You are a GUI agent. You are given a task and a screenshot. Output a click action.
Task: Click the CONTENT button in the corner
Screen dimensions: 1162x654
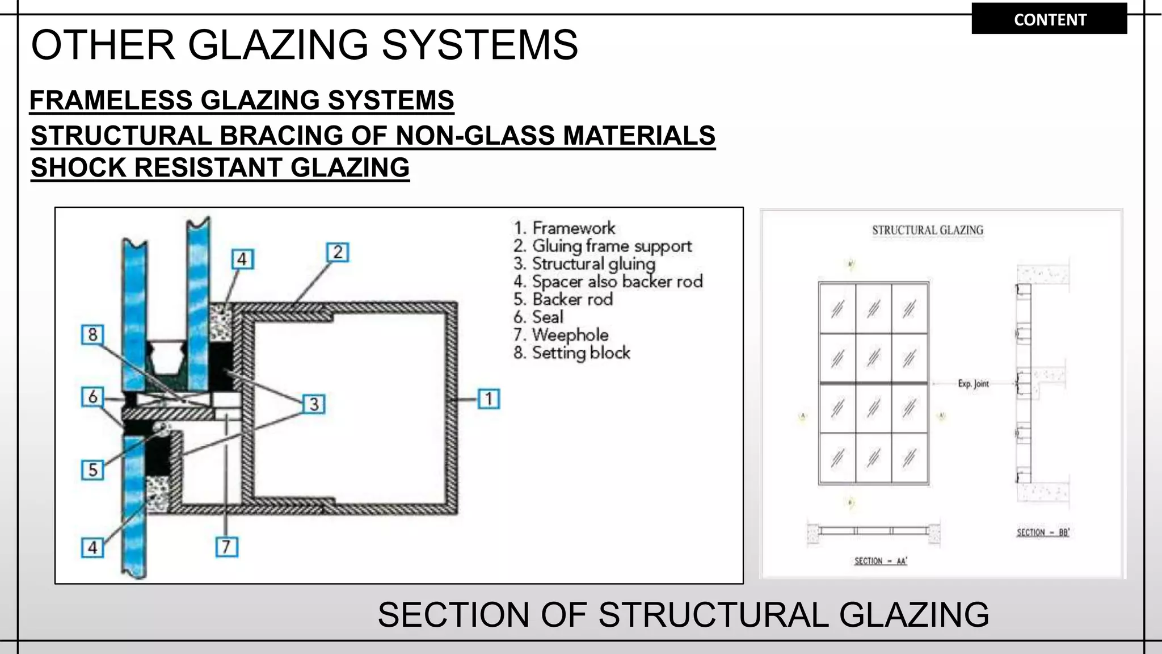tap(1049, 19)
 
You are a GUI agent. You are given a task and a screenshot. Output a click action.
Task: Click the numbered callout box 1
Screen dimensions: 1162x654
tap(489, 399)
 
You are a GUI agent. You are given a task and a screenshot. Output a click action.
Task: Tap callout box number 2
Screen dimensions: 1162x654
tap(338, 252)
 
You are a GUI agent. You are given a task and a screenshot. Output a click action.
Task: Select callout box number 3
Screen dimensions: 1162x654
tap(314, 404)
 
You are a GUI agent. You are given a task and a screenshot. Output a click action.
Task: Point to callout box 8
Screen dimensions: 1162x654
tap(93, 334)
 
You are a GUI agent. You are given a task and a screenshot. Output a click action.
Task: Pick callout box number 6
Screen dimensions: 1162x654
tap(93, 396)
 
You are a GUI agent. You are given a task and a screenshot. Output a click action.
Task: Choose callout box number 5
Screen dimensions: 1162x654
tap(93, 470)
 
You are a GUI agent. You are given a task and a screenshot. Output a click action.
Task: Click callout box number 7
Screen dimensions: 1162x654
tap(226, 547)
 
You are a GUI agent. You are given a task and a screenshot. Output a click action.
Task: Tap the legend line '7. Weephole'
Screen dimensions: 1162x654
tap(561, 335)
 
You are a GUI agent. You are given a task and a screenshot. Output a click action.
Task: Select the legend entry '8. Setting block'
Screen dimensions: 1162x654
tap(571, 353)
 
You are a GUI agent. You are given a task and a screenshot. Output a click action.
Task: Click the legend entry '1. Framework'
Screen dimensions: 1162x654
tap(564, 228)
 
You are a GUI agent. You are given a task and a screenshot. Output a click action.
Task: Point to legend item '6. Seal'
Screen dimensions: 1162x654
tap(538, 317)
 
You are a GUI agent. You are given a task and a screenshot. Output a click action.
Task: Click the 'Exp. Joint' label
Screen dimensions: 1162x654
tap(973, 384)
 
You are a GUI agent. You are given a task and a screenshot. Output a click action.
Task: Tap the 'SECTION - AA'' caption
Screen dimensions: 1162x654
tap(881, 561)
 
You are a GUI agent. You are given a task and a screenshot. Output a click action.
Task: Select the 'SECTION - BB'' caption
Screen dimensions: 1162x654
tap(1043, 533)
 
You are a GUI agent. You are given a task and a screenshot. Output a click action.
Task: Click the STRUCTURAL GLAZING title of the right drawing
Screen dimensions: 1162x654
tap(927, 230)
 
